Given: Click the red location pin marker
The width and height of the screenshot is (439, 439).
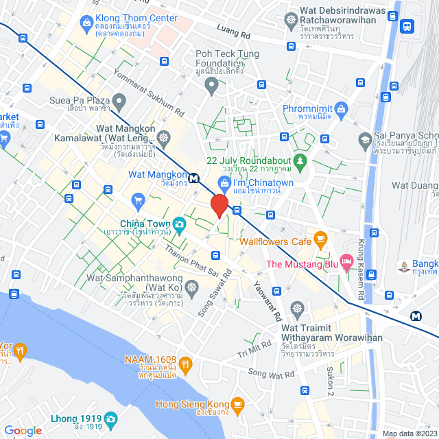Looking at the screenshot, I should tap(219, 205).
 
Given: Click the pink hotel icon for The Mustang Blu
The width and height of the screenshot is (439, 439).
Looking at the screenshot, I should tap(348, 261).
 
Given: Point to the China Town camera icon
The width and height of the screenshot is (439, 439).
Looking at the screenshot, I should tap(178, 224).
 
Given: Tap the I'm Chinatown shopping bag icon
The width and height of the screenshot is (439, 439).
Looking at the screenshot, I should tap(224, 182).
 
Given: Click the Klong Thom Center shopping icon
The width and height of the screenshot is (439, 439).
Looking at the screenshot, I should tap(86, 23).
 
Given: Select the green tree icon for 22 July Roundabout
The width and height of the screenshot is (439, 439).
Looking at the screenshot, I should tap(299, 163).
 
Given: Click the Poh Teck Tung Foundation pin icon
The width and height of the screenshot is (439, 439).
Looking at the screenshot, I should tap(212, 85).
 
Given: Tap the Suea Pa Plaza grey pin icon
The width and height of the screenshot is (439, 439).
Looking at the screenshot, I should tap(119, 104).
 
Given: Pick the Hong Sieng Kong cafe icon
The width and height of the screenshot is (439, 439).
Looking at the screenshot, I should tap(238, 404).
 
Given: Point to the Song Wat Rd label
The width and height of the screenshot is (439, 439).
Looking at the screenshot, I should tap(271, 373).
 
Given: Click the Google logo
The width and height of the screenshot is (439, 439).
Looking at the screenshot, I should tap(23, 431).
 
